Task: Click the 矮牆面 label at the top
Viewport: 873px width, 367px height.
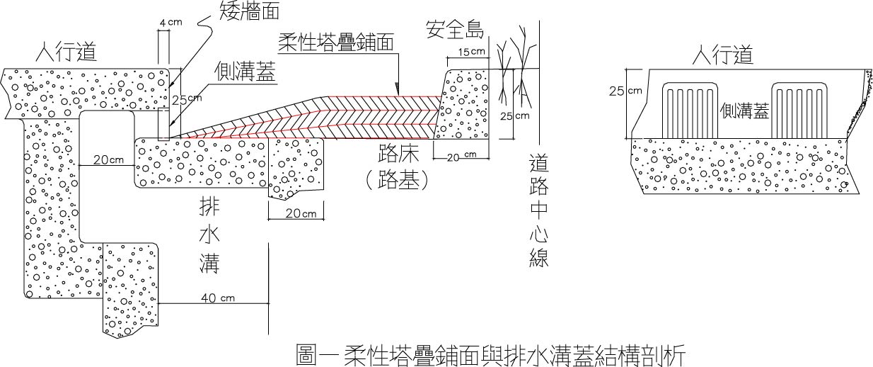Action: tap(250, 10)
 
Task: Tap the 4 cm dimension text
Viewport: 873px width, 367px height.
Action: tap(170, 23)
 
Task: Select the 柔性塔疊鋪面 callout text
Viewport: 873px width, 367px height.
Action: tap(335, 43)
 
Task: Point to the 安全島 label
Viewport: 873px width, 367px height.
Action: tap(455, 29)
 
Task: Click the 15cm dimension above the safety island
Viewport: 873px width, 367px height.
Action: tap(472, 52)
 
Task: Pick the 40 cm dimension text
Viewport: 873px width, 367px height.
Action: tap(218, 298)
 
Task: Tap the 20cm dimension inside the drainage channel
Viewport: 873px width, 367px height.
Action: tap(108, 159)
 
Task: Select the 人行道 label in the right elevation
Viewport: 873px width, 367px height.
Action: tap(722, 55)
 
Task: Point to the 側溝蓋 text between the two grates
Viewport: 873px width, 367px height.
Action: tap(744, 111)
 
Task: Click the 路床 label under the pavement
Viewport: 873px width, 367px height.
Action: tap(398, 154)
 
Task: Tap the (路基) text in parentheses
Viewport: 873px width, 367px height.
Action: tap(398, 180)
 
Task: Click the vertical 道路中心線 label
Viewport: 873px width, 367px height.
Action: tap(539, 211)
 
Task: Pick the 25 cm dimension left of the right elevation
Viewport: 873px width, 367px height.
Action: tap(625, 91)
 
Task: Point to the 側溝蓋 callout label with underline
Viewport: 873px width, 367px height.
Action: tap(245, 72)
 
